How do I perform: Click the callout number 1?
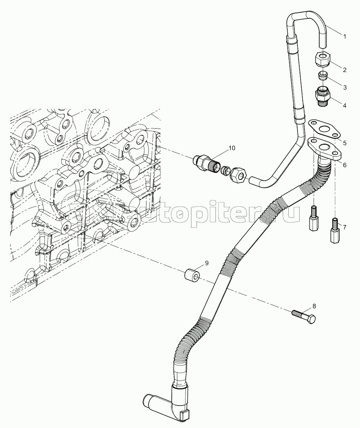pyautogui.click(x=345, y=36)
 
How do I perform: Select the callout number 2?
pyautogui.click(x=345, y=70)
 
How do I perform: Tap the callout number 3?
pyautogui.click(x=345, y=87)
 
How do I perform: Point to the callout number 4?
pyautogui.click(x=345, y=105)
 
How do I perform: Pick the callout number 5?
pyautogui.click(x=345, y=143)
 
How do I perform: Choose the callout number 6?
pyautogui.click(x=345, y=164)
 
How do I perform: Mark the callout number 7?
pyautogui.click(x=345, y=227)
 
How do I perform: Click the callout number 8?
pyautogui.click(x=314, y=306)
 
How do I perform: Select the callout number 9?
pyautogui.click(x=207, y=263)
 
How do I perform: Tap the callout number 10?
pyautogui.click(x=231, y=148)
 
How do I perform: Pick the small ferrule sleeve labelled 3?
pyautogui.click(x=323, y=75)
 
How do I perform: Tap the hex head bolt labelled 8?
pyautogui.click(x=304, y=316)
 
